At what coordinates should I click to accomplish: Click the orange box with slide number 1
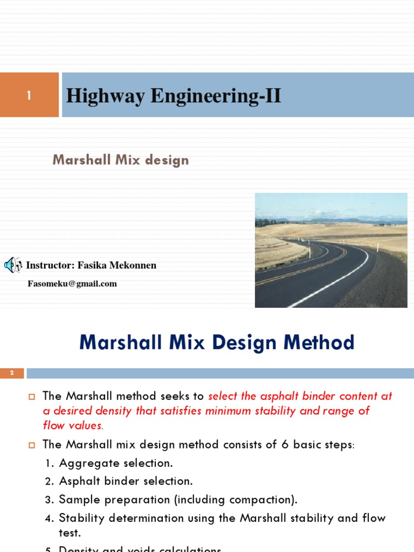point(29,95)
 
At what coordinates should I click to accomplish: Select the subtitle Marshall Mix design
point(121,160)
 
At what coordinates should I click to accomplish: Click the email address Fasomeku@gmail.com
point(72,284)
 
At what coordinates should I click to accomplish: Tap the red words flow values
point(73,425)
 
